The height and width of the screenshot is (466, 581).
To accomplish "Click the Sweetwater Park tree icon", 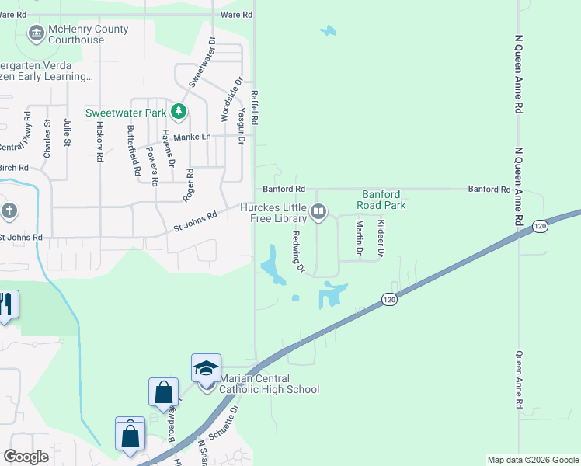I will (179, 113).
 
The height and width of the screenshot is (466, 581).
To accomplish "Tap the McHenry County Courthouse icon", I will (36, 33).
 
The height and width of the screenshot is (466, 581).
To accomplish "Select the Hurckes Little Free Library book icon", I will (318, 211).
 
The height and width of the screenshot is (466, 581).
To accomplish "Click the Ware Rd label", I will (236, 15).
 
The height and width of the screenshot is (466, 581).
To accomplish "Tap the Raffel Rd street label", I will (254, 108).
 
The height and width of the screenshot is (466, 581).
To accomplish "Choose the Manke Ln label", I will (192, 137).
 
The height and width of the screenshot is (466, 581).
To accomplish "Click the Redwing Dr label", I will (297, 251).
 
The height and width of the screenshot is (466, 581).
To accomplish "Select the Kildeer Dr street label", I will (381, 238).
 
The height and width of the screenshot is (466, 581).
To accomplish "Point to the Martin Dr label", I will (359, 238).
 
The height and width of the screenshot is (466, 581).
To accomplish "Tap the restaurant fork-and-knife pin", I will (7, 304).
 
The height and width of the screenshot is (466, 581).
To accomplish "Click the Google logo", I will (26, 457).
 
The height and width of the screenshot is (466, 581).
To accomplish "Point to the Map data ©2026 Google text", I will (532, 460).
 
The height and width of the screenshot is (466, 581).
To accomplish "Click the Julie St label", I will (68, 132).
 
